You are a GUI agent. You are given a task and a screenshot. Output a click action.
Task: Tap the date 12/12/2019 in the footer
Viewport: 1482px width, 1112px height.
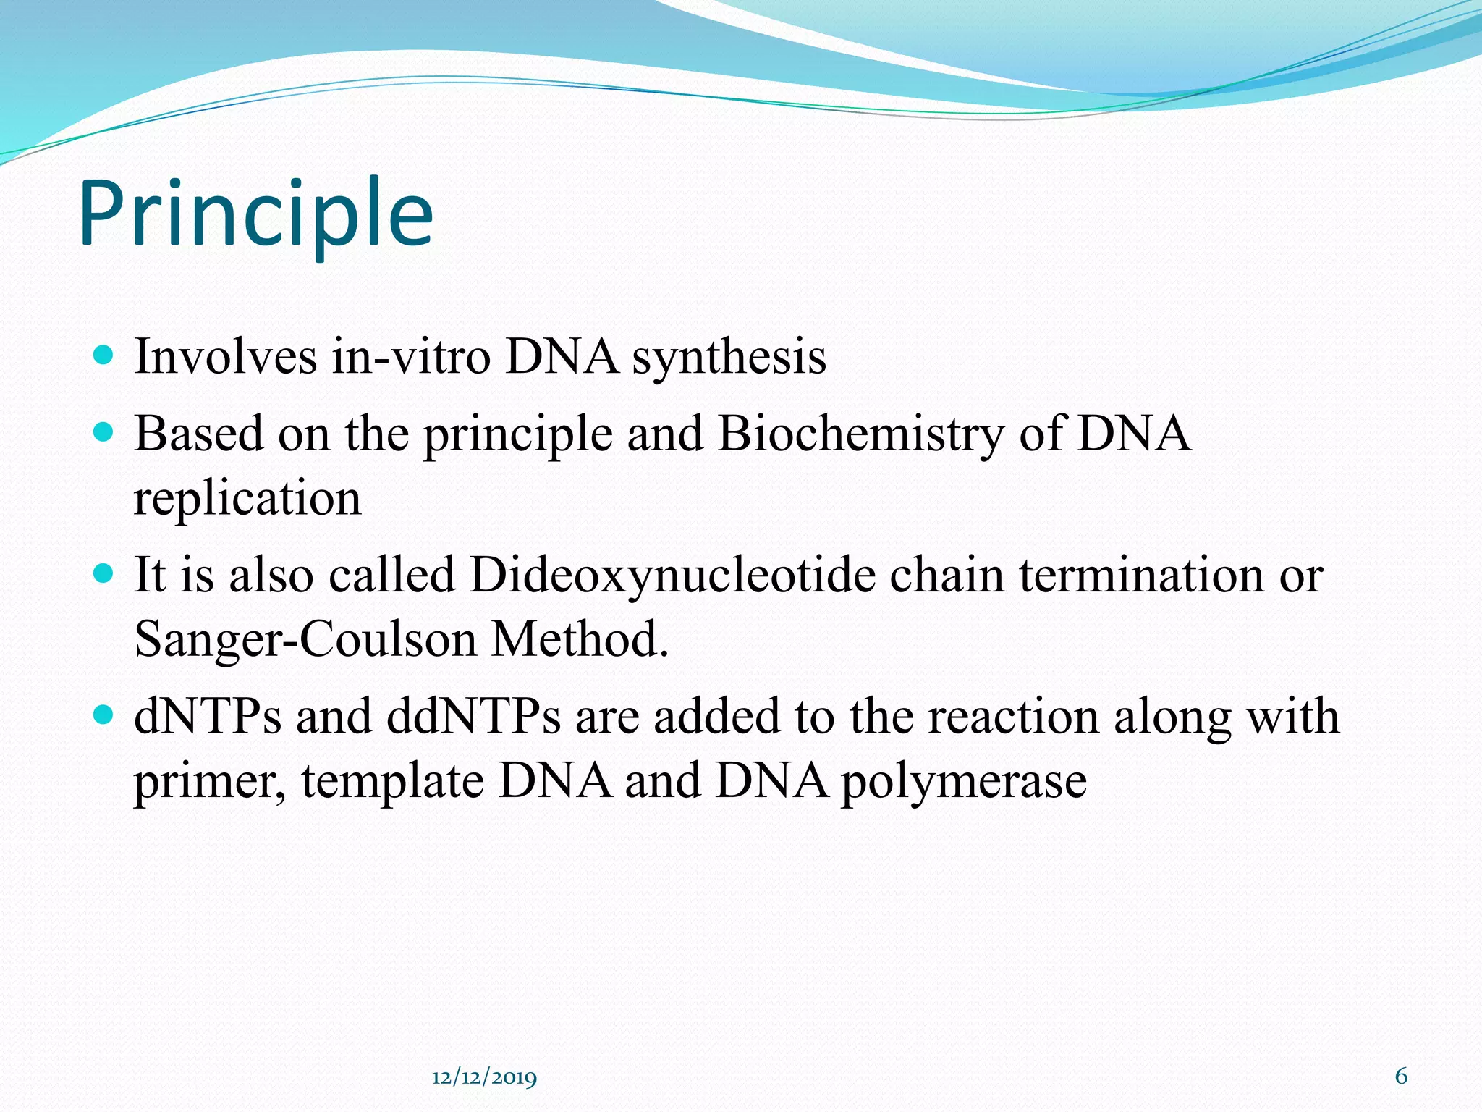[484, 1078]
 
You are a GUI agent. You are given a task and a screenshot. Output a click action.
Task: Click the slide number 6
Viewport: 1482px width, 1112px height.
[1401, 1077]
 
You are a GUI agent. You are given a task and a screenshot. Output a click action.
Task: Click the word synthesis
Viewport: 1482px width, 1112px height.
[729, 358]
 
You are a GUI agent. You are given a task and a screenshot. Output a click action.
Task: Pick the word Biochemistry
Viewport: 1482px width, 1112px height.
[860, 435]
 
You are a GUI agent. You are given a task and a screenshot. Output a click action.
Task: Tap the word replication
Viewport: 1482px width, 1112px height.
[247, 500]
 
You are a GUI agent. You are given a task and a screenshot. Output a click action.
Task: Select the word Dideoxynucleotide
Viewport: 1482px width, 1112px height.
[672, 576]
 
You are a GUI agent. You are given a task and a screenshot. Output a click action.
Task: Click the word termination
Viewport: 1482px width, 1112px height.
[1141, 575]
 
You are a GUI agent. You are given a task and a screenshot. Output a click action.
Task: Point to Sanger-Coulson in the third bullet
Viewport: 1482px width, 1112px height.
[305, 640]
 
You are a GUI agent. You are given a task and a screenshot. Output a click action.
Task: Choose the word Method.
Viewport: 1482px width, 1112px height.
[580, 639]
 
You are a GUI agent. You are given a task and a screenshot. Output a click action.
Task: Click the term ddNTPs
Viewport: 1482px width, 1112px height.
[473, 717]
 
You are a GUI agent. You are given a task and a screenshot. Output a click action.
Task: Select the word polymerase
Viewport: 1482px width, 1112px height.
[963, 783]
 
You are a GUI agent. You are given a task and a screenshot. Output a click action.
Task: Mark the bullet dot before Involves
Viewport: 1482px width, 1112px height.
[104, 355]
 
